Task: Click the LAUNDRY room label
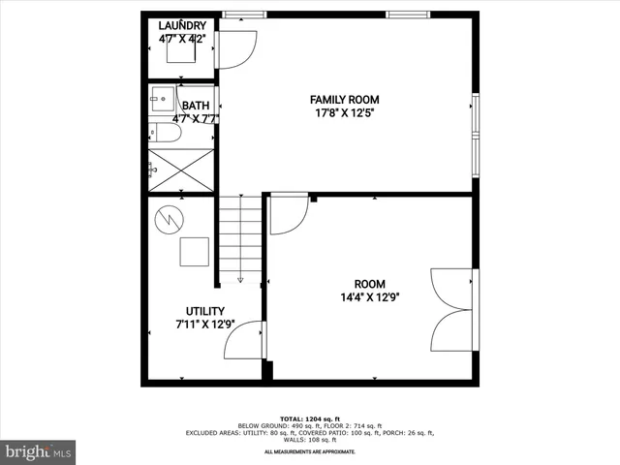pos(182,24)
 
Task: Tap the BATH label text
pos(196,107)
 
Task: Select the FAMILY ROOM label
pos(344,100)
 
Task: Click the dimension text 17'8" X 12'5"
pos(344,113)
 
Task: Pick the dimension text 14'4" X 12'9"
pos(370,297)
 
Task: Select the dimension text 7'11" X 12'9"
pos(205,325)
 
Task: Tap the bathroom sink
pos(161,98)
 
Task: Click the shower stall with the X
pos(181,169)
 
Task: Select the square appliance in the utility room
pos(194,251)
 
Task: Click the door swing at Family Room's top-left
pos(235,49)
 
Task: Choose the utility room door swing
pos(249,340)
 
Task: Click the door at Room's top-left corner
pos(288,214)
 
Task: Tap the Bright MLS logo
pos(38,451)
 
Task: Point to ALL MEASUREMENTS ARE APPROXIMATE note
pos(310,451)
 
